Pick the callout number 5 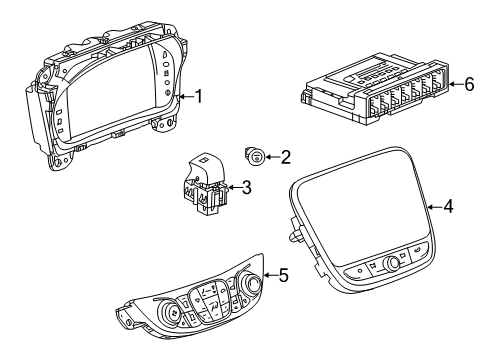283,274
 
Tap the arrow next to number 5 267,275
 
